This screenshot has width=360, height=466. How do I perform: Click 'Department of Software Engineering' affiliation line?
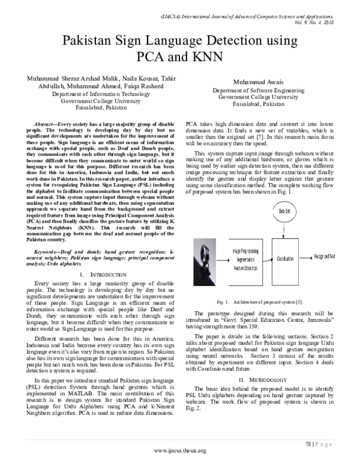pos(268,90)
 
